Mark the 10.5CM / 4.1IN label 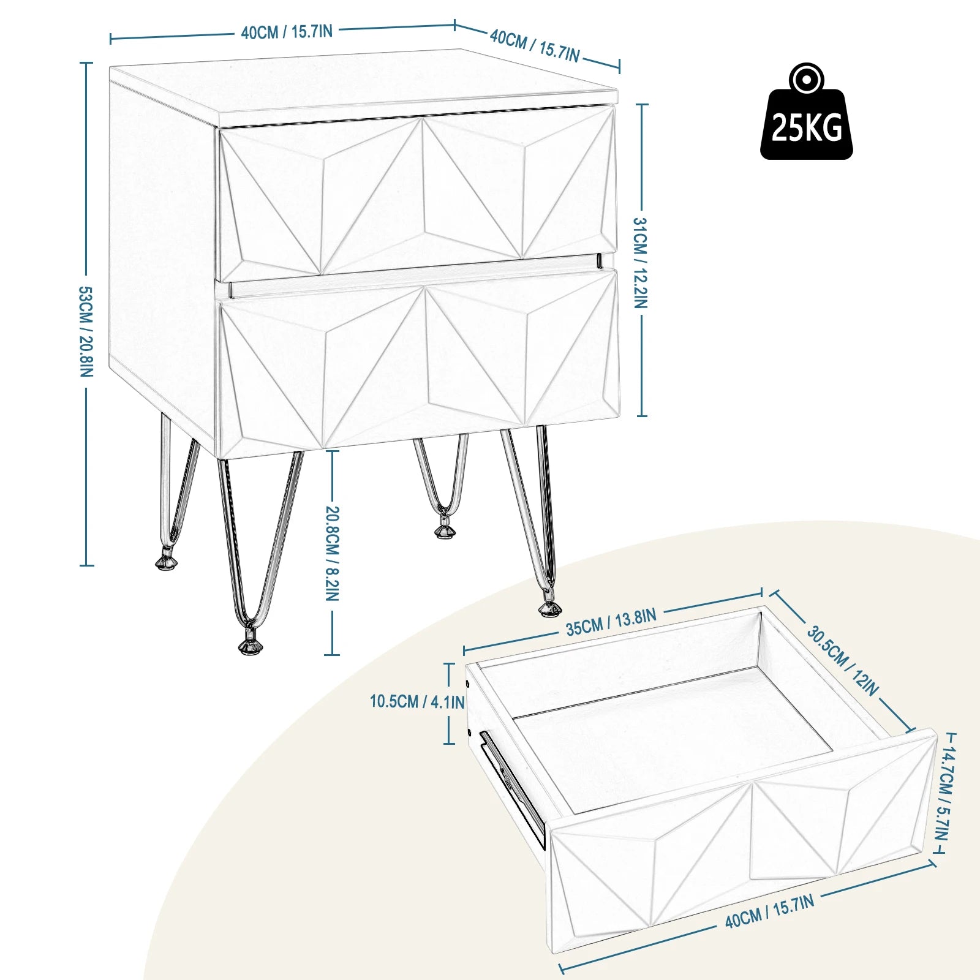click(417, 702)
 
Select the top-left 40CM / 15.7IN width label click(287, 32)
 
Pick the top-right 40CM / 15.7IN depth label click(534, 46)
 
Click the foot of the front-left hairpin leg click(249, 646)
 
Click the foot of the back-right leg click(445, 530)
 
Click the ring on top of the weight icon click(806, 78)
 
